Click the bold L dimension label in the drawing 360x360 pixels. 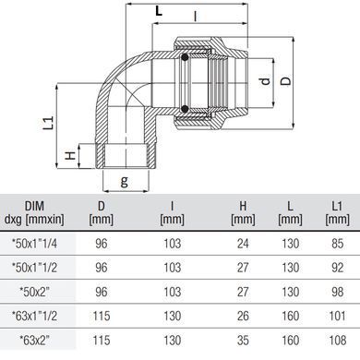tap(159, 11)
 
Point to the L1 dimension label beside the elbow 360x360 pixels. tap(49, 123)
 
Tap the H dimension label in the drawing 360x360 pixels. tap(71, 155)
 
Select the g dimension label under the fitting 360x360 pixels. tap(124, 182)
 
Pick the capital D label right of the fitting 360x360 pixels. tap(285, 80)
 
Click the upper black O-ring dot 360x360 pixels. tap(185, 57)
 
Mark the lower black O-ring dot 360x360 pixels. tap(185, 109)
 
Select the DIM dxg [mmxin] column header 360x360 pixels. tap(34, 212)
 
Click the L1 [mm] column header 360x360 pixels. tap(337, 212)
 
